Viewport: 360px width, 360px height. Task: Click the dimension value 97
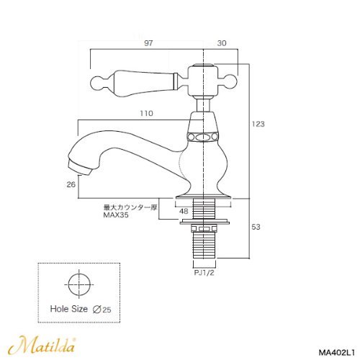pyautogui.click(x=148, y=43)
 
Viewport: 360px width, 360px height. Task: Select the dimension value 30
pyautogui.click(x=222, y=43)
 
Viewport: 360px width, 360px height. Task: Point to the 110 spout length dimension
pyautogui.click(x=146, y=113)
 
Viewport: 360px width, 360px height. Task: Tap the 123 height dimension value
pyautogui.click(x=258, y=124)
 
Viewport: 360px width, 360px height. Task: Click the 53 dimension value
pyautogui.click(x=256, y=227)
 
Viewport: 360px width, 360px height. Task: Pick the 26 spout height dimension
pyautogui.click(x=71, y=184)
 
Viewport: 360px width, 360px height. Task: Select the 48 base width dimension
pyautogui.click(x=184, y=211)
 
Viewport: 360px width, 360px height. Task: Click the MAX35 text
pyautogui.click(x=116, y=215)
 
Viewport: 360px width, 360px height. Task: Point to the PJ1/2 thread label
pyautogui.click(x=204, y=273)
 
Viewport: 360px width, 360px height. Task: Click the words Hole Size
pyautogui.click(x=69, y=309)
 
